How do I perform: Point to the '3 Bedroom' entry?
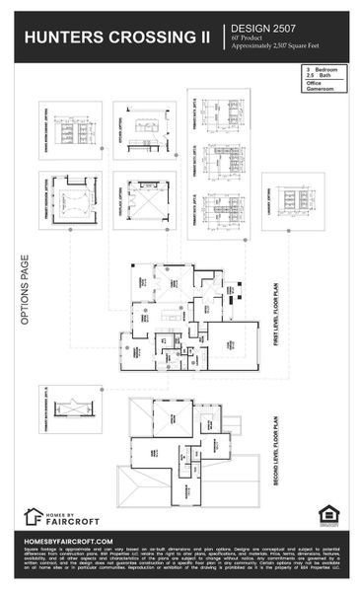point(322,69)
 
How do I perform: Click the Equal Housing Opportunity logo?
point(326,515)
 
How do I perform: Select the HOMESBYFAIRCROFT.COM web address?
point(69,541)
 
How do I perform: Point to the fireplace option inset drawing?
point(144,198)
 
